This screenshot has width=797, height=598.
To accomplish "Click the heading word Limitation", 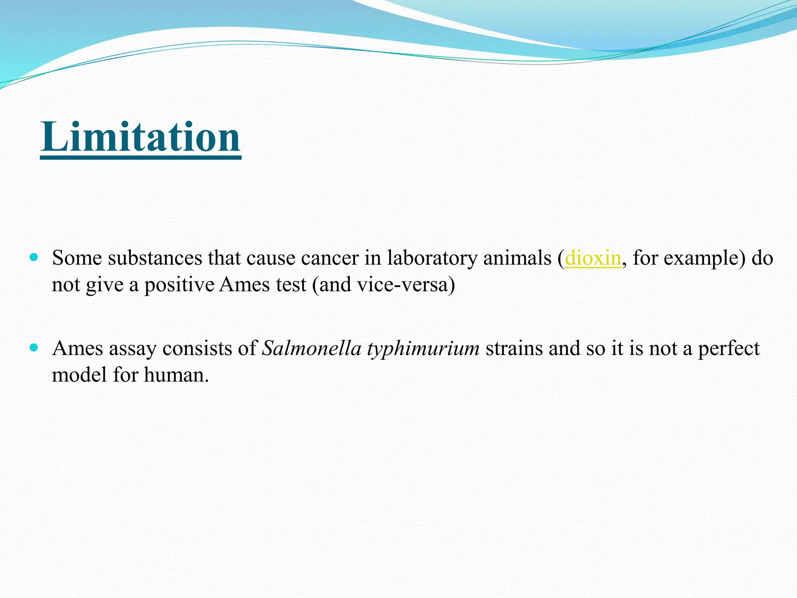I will click(140, 137).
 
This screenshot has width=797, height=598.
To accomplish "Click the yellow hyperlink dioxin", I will click(593, 258).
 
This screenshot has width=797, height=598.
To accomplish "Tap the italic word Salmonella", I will click(312, 348).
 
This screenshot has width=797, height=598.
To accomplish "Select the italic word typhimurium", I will click(423, 349).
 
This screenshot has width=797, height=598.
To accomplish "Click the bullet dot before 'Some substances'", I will click(34, 257).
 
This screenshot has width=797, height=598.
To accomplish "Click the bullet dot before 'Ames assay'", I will click(34, 347).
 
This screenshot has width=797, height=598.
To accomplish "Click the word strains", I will click(514, 348).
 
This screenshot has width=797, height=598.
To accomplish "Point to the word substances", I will click(155, 258).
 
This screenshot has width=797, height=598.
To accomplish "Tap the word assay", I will click(132, 349).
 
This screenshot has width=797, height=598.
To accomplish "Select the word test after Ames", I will click(291, 285).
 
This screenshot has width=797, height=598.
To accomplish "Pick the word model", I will click(79, 375).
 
